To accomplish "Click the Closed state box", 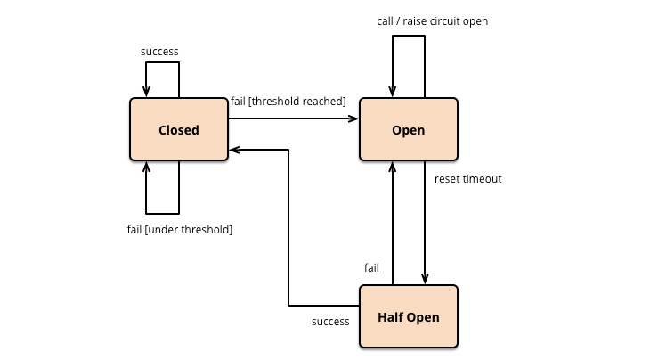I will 179,130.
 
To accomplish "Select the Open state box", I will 408,130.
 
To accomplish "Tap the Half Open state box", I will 408,316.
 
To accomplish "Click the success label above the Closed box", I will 160,52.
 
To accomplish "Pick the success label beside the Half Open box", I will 330,321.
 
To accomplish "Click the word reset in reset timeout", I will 448,179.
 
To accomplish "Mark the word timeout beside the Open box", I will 484,179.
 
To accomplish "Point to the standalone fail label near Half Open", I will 371,267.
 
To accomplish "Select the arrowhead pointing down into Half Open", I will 425,279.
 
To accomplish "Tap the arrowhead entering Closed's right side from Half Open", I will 234,150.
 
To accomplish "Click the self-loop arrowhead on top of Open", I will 392,92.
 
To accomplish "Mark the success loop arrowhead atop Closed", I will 147,92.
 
